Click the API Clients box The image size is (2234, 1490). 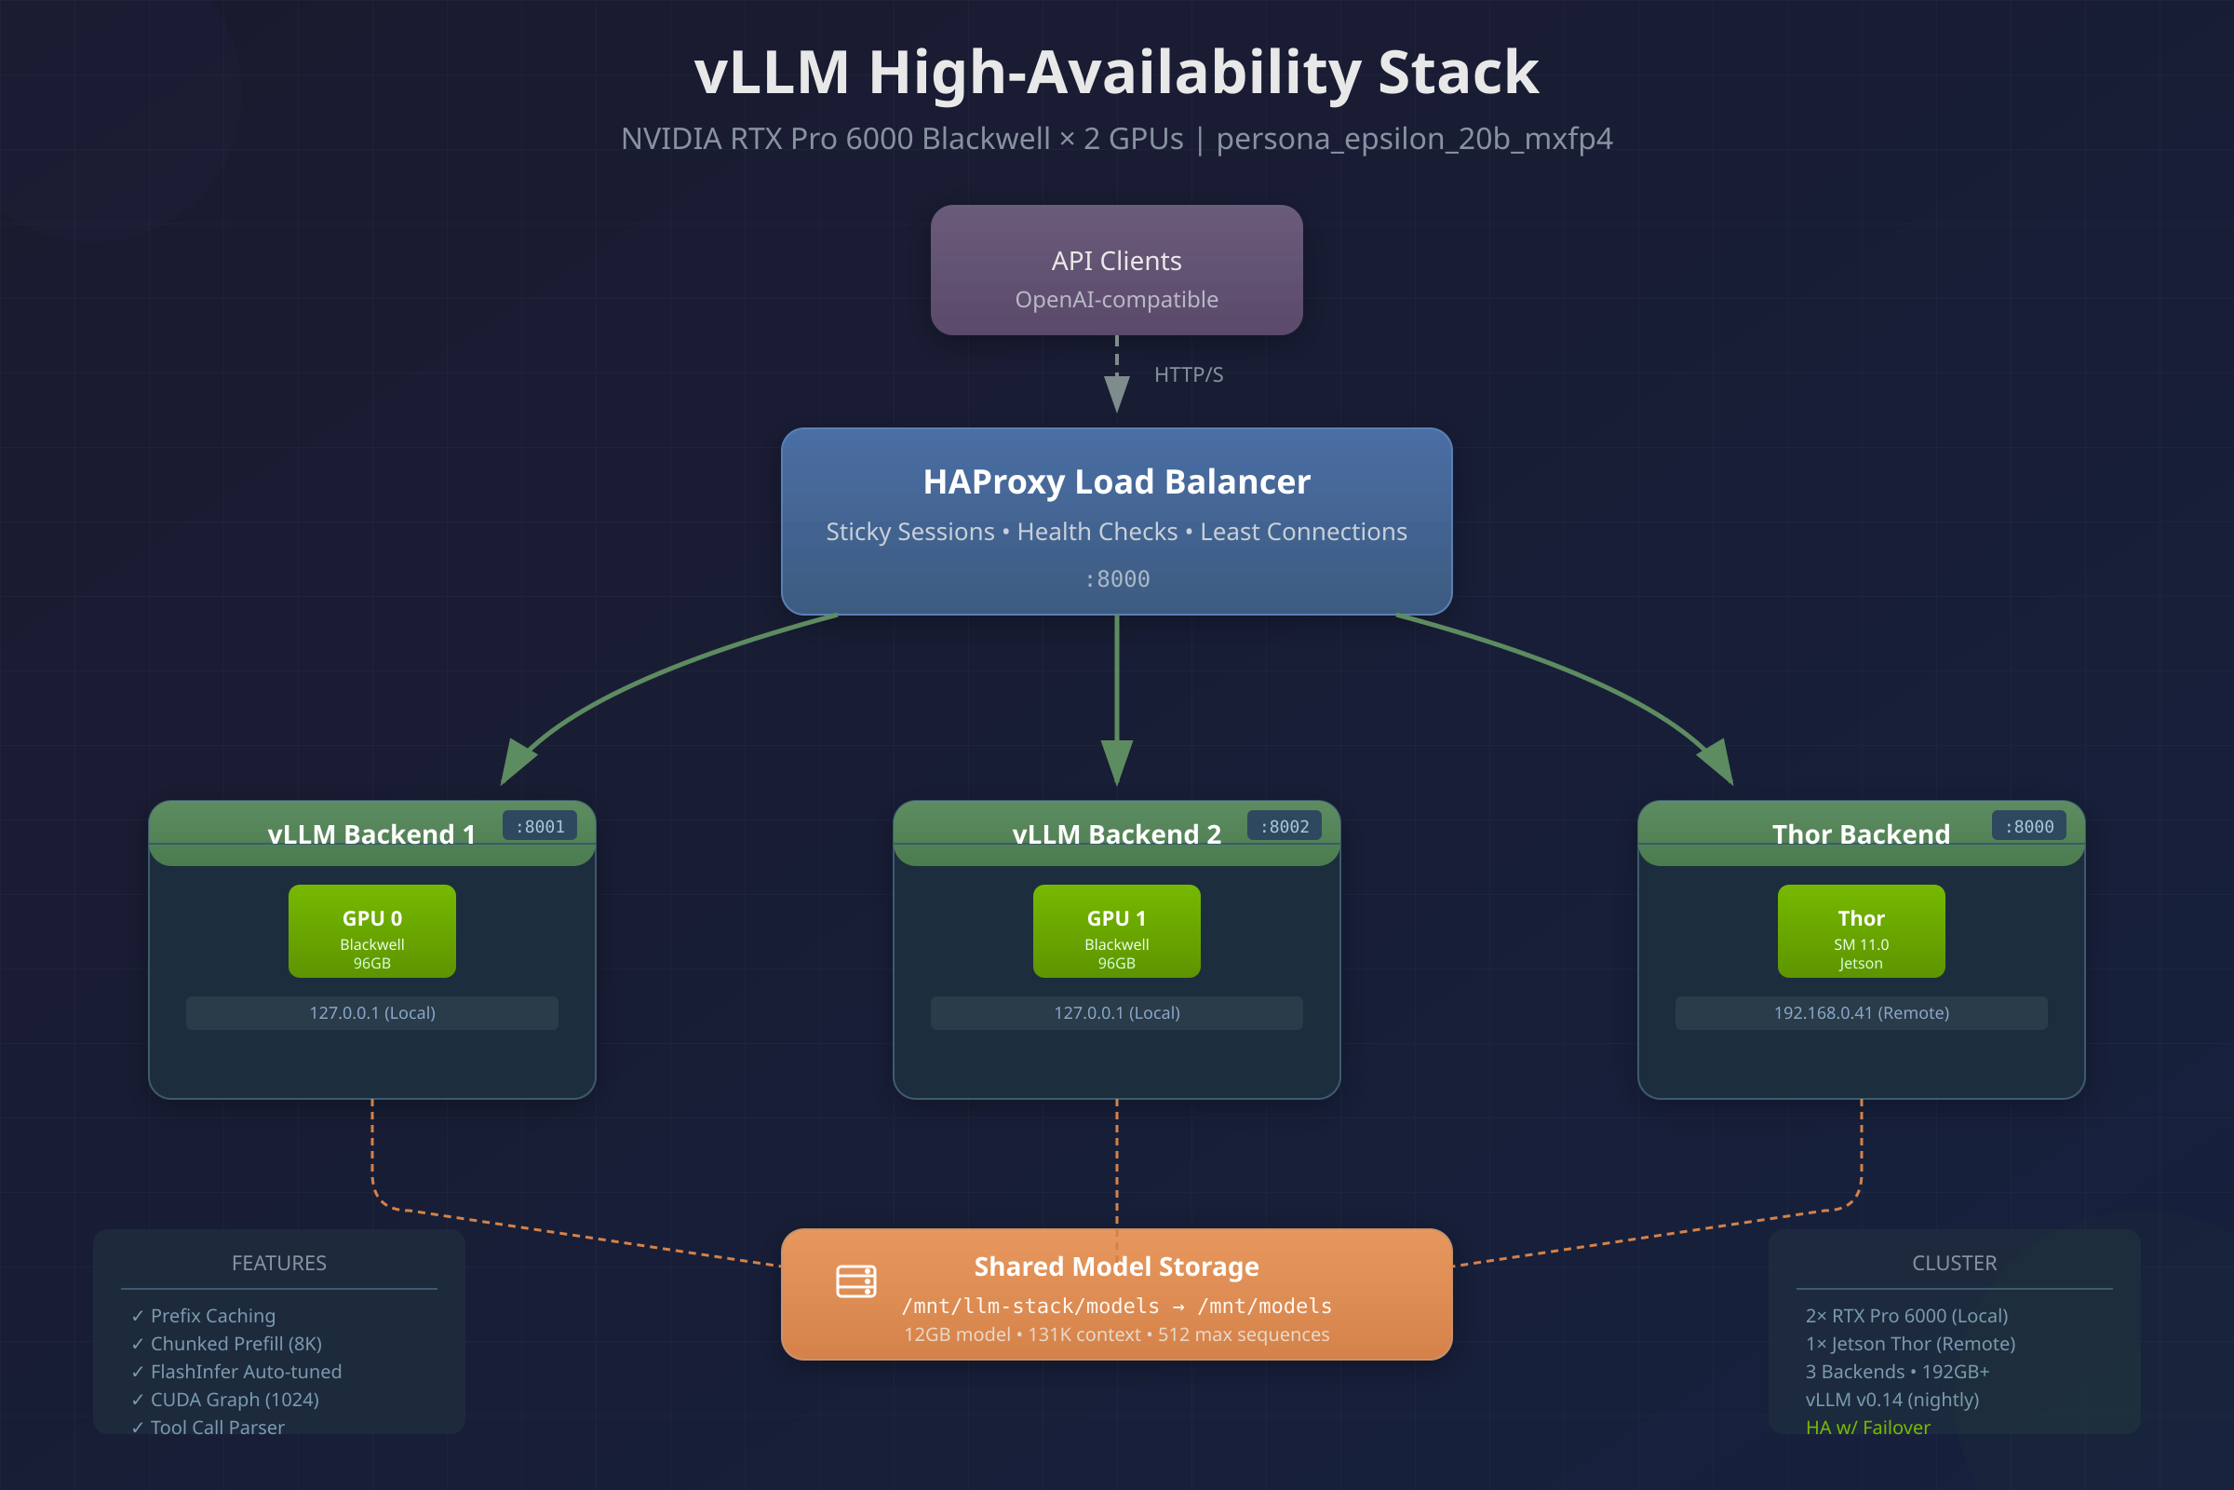[1116, 270]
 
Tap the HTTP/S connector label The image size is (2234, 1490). [1189, 374]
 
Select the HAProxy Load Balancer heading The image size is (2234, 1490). [1116, 481]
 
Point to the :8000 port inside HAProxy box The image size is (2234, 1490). [1117, 578]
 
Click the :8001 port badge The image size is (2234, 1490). [540, 827]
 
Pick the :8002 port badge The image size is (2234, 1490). [1285, 827]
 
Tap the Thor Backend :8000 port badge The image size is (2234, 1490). [2029, 827]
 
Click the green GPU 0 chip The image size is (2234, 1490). [372, 931]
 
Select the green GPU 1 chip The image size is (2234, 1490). [1117, 931]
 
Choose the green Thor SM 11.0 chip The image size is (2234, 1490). [1862, 931]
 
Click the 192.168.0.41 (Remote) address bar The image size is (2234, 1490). [1862, 1013]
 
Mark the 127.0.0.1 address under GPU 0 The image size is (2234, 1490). [372, 1013]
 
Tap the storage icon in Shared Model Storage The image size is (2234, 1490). [855, 1281]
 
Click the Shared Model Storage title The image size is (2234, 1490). [1116, 1266]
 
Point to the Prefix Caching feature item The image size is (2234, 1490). [213, 1316]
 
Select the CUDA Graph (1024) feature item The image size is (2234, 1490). [234, 1400]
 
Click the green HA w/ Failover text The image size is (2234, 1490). [1867, 1428]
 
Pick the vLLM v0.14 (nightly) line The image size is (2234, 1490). [1892, 1400]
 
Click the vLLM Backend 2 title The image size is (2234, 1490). [1116, 834]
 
